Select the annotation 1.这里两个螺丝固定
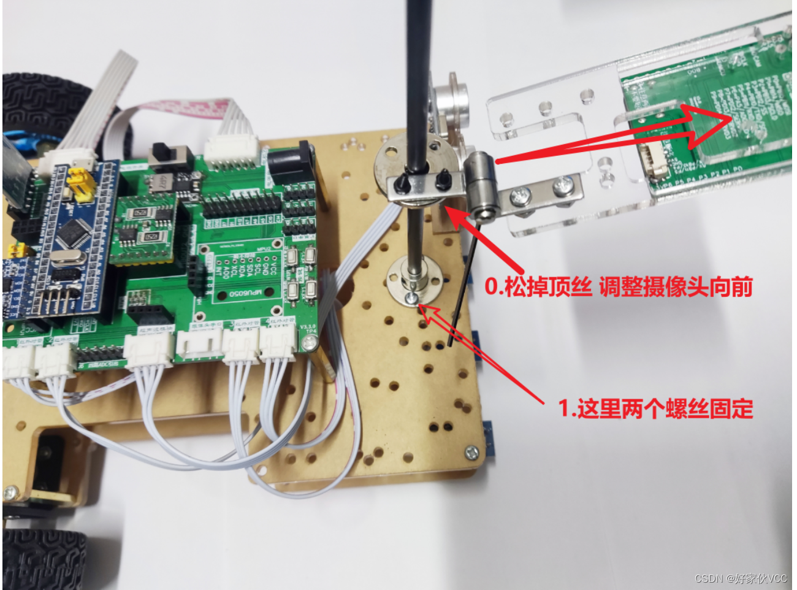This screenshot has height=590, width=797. [655, 408]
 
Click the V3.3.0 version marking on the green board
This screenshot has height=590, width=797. [307, 326]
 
